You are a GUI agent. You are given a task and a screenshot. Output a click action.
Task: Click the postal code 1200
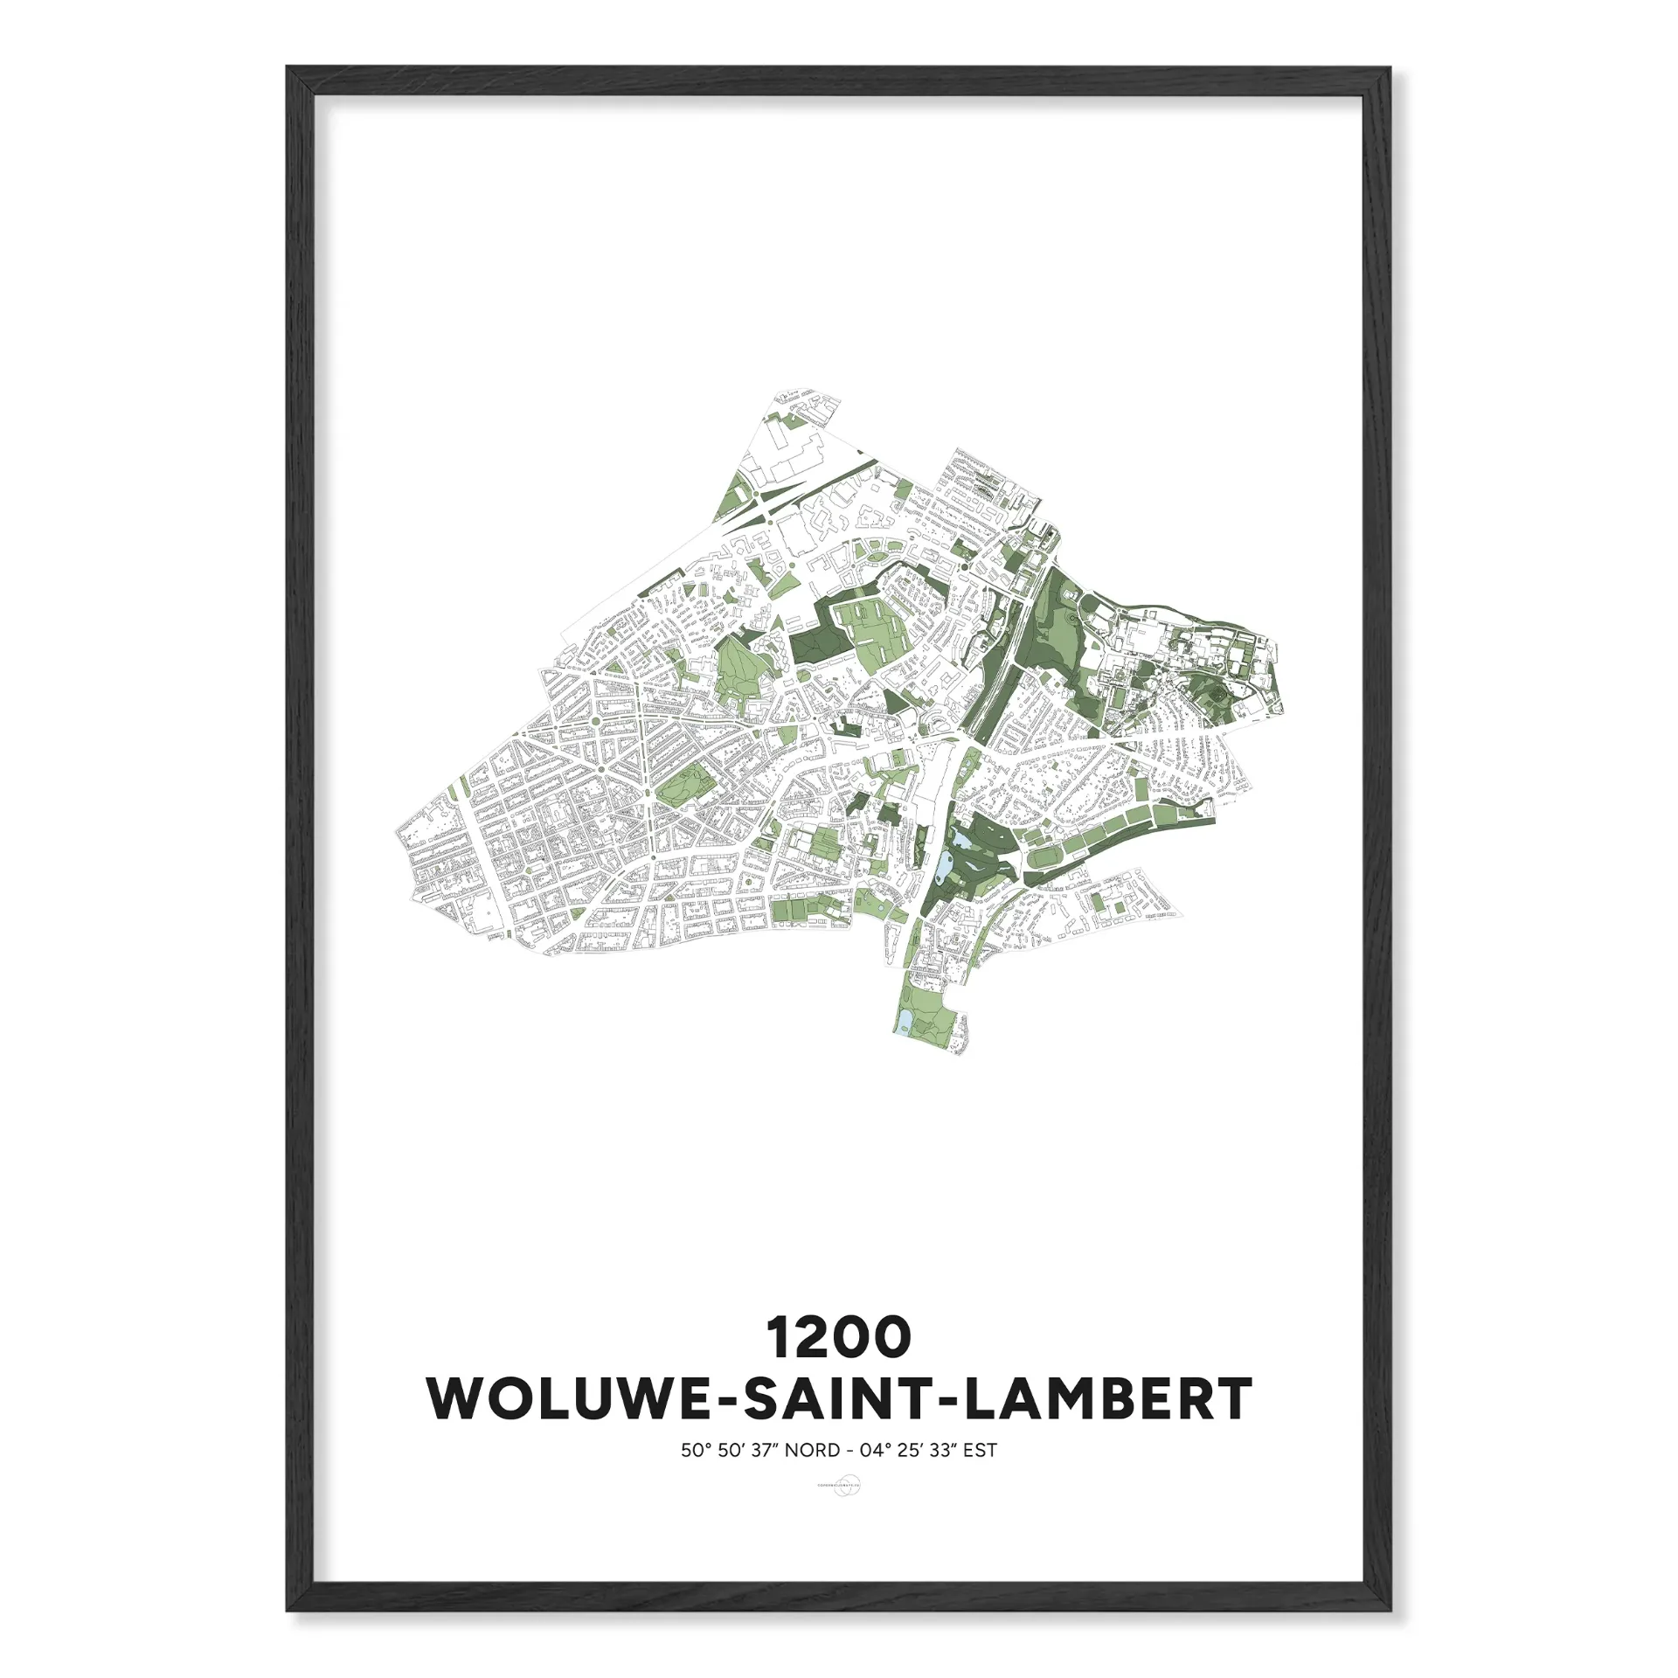[x=838, y=1338]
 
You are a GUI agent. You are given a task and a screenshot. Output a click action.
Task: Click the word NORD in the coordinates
[x=812, y=1451]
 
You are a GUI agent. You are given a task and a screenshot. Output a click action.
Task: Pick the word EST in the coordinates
[x=981, y=1451]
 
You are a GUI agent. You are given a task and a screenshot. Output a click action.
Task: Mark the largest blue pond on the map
[x=943, y=874]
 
